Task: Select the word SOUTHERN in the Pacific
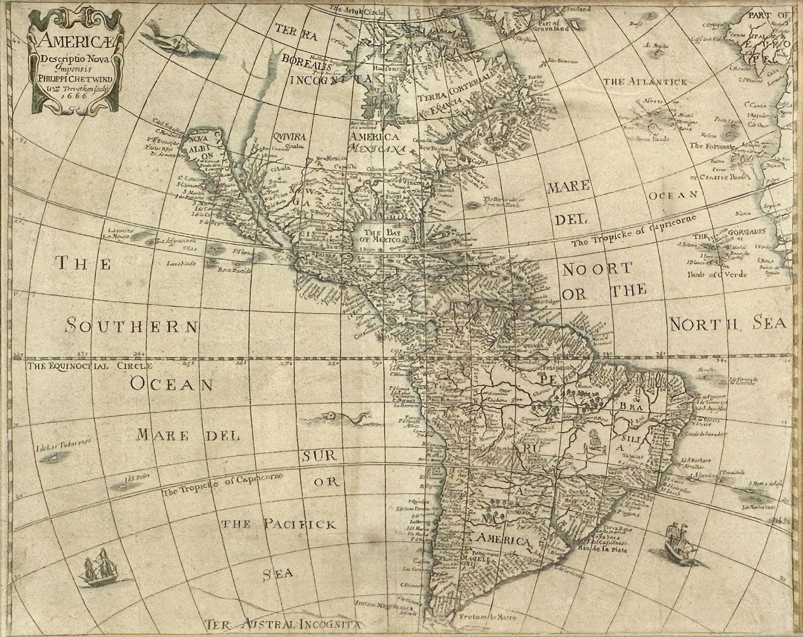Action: click(x=132, y=326)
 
